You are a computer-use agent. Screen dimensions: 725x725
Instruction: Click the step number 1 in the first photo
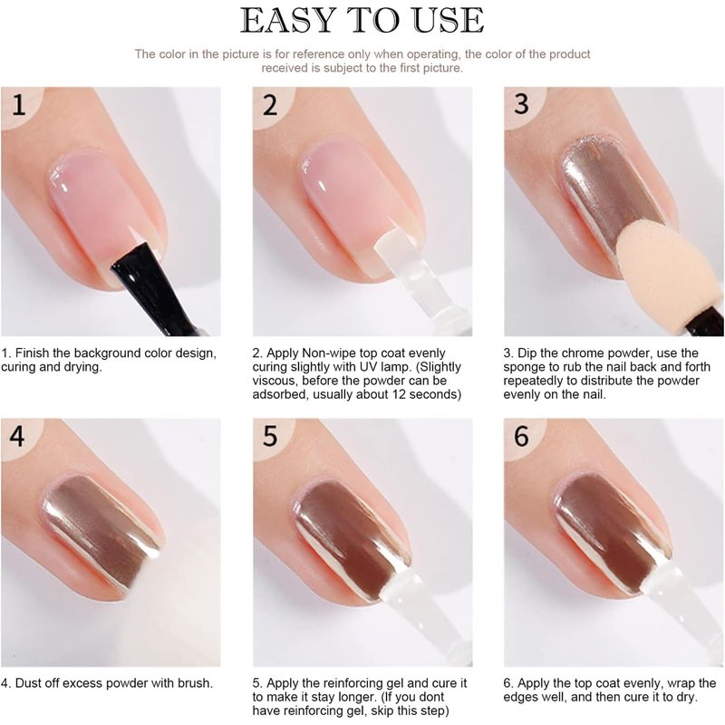tap(18, 105)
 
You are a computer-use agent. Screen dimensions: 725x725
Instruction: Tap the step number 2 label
tap(270, 105)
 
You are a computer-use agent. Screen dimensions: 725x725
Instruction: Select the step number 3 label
tap(521, 104)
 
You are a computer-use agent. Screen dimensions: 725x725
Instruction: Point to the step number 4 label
tap(17, 436)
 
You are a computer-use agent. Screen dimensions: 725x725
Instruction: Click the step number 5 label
tap(270, 436)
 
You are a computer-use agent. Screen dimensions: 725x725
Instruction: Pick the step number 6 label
tap(521, 436)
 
